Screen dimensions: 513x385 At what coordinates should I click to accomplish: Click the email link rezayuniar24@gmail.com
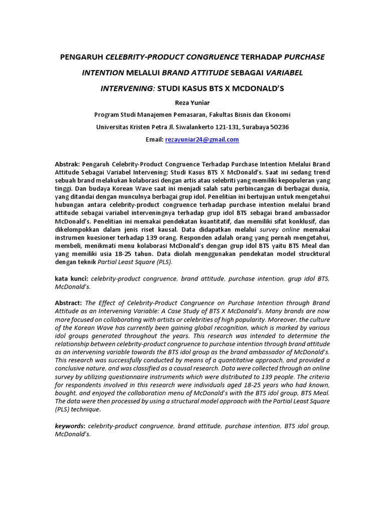[202, 140]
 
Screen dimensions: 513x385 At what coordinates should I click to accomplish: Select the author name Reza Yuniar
[192, 102]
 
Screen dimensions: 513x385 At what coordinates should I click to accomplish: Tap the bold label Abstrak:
[67, 164]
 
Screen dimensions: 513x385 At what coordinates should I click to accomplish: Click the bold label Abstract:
[68, 303]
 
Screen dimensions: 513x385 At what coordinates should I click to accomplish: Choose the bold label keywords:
[70, 426]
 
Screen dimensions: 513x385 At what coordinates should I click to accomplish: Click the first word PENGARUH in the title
[82, 57]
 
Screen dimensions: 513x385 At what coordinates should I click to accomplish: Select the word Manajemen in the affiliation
[158, 115]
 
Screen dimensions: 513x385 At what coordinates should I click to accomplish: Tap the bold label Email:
[154, 140]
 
